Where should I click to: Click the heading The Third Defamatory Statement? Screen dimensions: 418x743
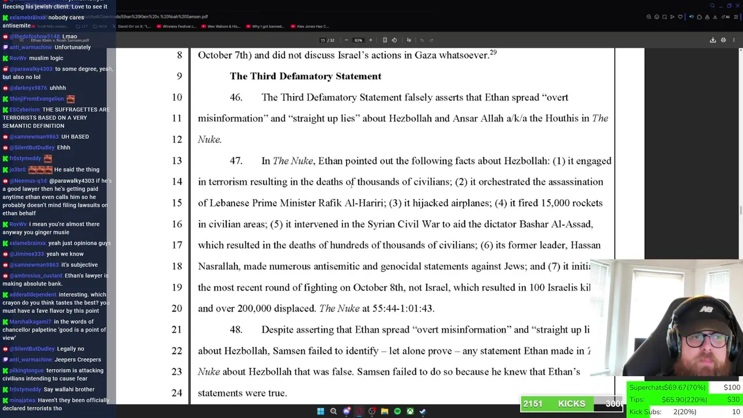[305, 76]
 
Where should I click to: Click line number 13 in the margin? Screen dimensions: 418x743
[176, 161]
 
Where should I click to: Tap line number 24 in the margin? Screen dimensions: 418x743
[176, 393]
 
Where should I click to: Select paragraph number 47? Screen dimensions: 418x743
[236, 161]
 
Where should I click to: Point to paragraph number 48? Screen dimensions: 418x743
[236, 330]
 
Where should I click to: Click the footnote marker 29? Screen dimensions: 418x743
[493, 53]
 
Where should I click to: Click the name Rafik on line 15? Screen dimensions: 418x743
[330, 203]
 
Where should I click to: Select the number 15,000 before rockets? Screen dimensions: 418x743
[555, 203]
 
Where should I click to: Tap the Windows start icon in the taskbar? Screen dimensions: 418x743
[320, 412]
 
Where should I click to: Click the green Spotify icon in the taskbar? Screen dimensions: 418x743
[397, 412]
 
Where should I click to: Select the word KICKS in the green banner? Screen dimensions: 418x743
[571, 404]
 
